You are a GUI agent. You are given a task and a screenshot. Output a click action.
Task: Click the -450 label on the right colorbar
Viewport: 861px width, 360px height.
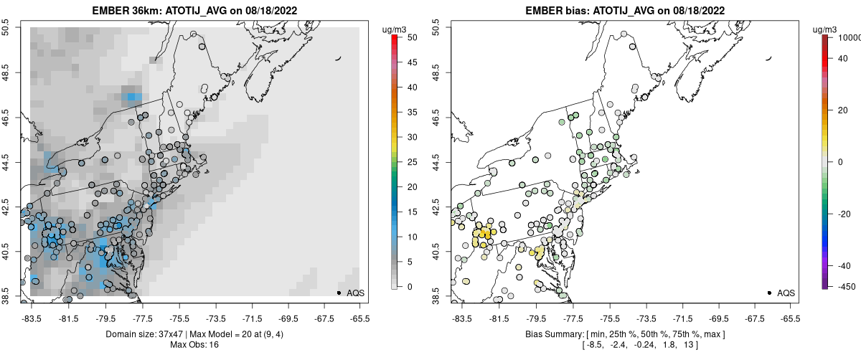point(844,286)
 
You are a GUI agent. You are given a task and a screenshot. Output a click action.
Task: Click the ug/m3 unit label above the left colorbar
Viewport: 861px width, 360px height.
point(395,29)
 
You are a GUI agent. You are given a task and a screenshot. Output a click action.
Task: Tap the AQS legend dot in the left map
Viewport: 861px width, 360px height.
point(339,293)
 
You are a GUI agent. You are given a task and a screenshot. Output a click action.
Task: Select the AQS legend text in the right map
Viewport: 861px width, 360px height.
point(785,293)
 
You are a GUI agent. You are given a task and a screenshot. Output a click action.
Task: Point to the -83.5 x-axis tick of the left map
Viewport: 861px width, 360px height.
point(31,316)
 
